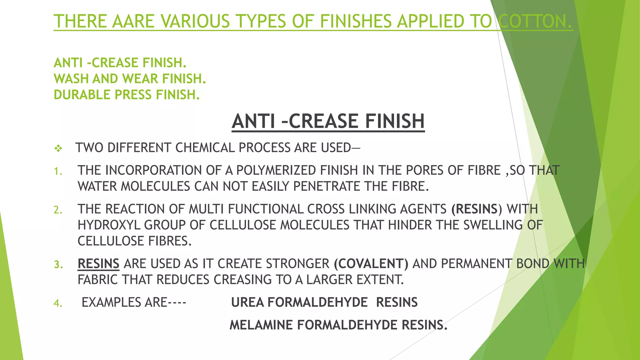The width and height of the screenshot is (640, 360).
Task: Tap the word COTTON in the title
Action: click(535, 21)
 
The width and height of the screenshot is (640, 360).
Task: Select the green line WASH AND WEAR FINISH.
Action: click(130, 79)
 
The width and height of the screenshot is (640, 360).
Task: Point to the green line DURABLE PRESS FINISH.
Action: click(127, 95)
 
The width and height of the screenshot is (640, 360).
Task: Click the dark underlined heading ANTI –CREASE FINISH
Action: click(328, 121)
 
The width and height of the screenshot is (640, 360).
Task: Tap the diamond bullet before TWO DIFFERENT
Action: click(58, 148)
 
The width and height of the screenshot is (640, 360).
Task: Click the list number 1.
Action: click(58, 171)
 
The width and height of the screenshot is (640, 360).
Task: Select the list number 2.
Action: click(58, 210)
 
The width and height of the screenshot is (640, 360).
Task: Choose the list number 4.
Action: click(58, 303)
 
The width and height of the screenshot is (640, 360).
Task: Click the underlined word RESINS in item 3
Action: click(98, 264)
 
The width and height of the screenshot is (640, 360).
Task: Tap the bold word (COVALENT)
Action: click(371, 264)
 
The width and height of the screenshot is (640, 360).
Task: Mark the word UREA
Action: click(247, 302)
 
